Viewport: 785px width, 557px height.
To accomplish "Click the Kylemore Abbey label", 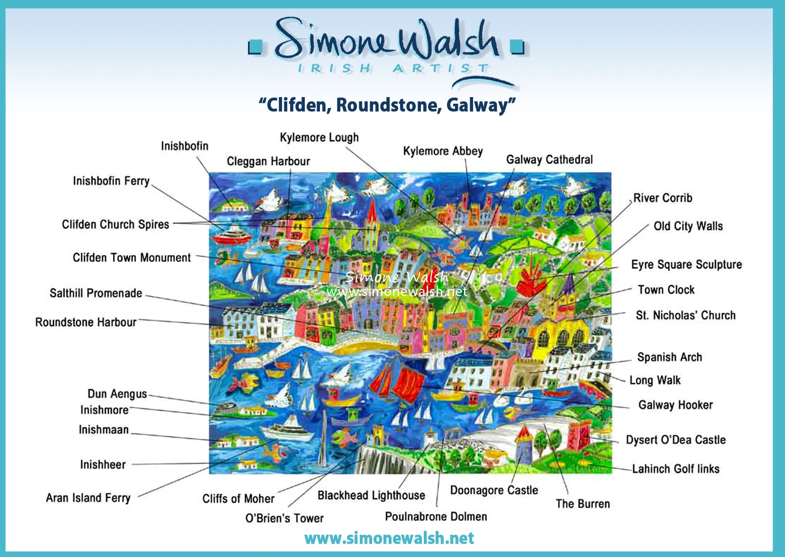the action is [443, 151].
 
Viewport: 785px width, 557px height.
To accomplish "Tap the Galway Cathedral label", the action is [549, 160].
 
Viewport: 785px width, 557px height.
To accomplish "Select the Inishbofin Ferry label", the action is [111, 181].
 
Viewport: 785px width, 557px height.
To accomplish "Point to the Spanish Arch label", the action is [669, 357].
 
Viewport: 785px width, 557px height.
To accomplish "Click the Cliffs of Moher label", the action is [238, 499].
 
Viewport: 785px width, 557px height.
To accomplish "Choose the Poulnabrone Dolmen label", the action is [436, 516].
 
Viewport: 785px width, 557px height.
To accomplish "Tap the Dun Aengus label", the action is [117, 394].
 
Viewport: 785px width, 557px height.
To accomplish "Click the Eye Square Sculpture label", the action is [686, 264].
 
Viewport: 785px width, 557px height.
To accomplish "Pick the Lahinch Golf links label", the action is [675, 469].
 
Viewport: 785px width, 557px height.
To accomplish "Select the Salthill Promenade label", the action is [96, 293].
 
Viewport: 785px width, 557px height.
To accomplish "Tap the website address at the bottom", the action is [389, 538].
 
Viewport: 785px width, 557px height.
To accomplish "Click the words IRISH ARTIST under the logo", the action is [393, 68].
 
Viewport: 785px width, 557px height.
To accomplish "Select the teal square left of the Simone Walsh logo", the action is [255, 47].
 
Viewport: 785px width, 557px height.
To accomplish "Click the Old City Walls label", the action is [688, 226].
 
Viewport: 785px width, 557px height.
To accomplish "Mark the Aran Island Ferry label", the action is [88, 498].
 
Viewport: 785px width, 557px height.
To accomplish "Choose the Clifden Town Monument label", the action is [132, 258].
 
